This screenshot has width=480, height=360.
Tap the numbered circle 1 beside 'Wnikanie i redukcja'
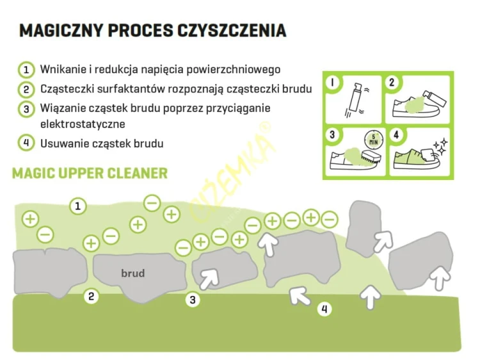click(26, 70)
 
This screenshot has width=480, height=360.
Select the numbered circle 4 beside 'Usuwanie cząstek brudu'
click(26, 143)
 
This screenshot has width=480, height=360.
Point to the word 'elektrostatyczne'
click(83, 124)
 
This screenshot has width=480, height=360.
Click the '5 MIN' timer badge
click(374, 140)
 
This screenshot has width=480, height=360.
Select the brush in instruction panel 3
click(370, 158)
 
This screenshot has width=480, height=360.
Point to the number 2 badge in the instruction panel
click(392, 83)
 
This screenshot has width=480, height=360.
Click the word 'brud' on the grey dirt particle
click(133, 274)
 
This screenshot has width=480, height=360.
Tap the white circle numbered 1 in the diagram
click(77, 206)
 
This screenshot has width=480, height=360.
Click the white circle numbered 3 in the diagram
click(193, 300)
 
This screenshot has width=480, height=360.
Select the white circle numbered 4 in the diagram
click(324, 309)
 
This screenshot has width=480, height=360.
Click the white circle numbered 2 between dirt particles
click(91, 297)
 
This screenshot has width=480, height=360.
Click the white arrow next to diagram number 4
click(300, 295)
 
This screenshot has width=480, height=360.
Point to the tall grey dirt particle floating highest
click(364, 228)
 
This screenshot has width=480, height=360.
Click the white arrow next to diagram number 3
click(209, 279)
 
